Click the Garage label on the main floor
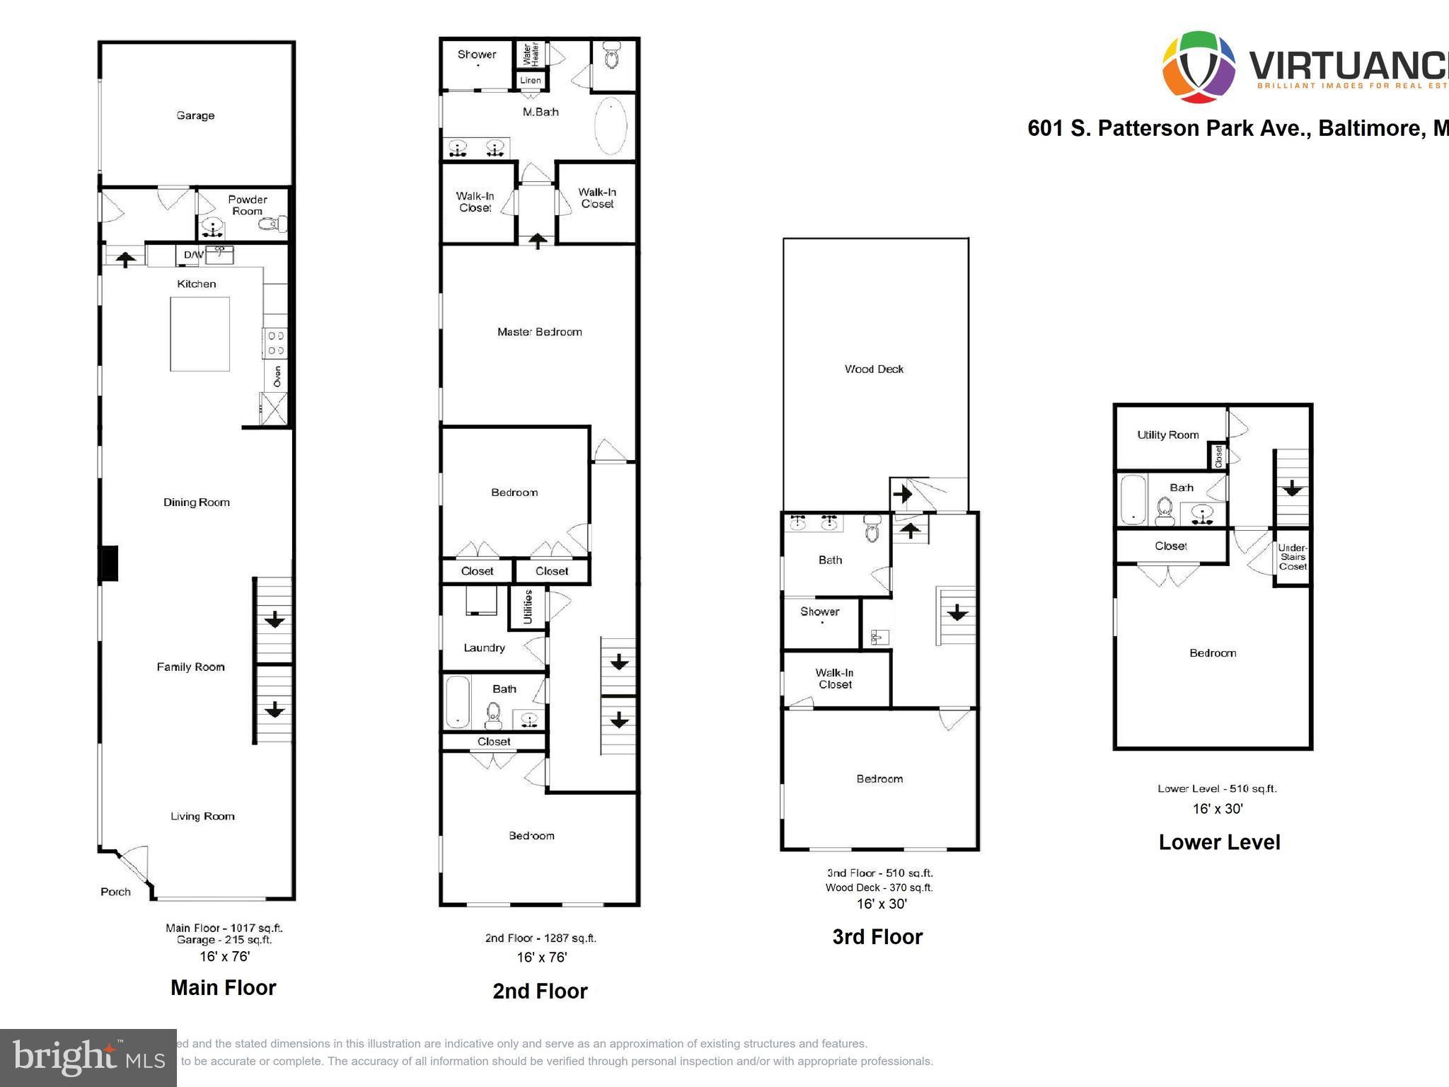coord(195,115)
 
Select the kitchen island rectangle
coord(200,334)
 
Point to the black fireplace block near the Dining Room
coord(108,563)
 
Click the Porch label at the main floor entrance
coord(115,892)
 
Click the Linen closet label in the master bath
coord(530,81)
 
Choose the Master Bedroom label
coord(539,332)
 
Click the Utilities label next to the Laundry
coord(527,607)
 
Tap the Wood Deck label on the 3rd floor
coord(874,369)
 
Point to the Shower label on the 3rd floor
coord(819,611)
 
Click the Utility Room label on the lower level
coord(1167,435)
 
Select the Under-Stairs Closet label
coord(1293,557)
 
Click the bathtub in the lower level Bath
coord(1133,500)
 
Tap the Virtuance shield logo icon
coord(1199,67)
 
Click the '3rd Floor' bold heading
coord(877,937)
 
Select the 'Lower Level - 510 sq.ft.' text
coord(1217,788)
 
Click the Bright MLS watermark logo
coord(88,1057)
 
